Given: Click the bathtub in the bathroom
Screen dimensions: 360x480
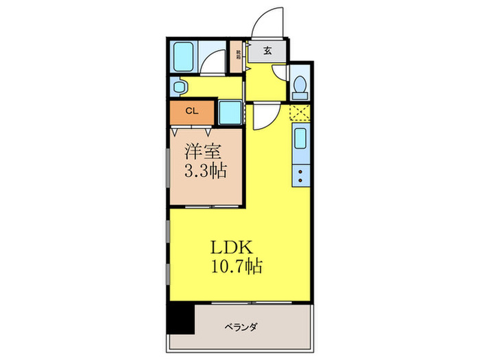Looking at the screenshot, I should coord(183,57).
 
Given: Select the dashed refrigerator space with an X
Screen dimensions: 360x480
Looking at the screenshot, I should coord(300,113).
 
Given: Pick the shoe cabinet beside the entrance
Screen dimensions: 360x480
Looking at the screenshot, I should coord(238,54).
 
